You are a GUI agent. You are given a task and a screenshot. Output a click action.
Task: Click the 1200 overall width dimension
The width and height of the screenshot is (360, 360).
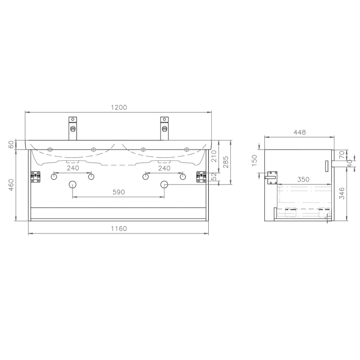click(x=119, y=107)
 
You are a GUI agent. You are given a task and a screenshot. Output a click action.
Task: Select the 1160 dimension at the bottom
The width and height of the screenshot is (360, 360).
click(x=119, y=229)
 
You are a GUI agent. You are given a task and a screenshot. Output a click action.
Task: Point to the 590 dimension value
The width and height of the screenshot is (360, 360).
click(x=119, y=192)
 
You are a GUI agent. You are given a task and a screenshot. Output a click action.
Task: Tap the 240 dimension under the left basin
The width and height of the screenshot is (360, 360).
click(x=73, y=168)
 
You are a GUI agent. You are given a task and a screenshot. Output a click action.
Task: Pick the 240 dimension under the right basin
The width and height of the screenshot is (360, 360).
click(x=164, y=168)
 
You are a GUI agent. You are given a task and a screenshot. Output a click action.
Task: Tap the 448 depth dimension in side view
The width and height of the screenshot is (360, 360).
click(x=299, y=132)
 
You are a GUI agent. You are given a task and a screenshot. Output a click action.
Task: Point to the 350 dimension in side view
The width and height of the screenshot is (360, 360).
click(x=303, y=179)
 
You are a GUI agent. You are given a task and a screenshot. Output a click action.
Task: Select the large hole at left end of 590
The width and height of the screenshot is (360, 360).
click(x=73, y=185)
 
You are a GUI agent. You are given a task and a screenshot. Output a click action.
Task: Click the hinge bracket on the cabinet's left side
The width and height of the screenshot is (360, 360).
click(x=35, y=176)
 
